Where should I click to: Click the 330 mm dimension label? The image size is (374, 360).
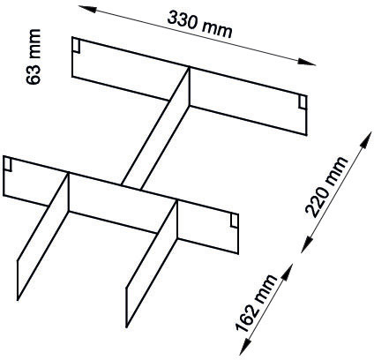[200, 24]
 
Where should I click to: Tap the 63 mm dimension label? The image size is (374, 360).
[33, 56]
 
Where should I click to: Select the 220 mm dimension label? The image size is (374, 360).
[326, 187]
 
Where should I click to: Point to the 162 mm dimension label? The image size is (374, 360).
[256, 304]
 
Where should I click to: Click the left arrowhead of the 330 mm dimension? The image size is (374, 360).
[87, 9]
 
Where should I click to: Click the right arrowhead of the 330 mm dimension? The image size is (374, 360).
[307, 62]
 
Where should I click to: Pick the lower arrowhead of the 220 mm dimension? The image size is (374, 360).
[306, 244]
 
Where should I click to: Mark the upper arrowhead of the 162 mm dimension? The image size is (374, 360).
[288, 272]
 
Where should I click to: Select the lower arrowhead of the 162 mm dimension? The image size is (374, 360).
[245, 347]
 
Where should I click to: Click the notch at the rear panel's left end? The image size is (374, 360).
[76, 46]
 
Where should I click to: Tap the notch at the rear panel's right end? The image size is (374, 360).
[303, 102]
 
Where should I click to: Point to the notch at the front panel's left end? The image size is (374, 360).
[8, 164]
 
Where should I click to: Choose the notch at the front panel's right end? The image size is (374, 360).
[235, 221]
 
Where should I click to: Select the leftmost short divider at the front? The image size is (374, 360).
[43, 236]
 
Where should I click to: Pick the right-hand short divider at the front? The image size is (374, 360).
[152, 264]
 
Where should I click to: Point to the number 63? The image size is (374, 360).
[33, 75]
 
